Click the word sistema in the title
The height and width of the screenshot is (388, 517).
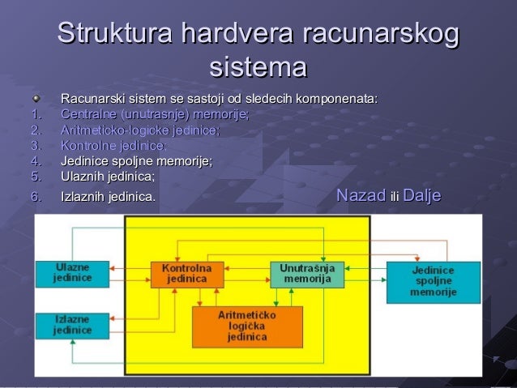pos(258,66)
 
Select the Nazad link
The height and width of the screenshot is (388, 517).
pos(361,195)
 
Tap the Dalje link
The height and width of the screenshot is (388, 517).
pos(421,195)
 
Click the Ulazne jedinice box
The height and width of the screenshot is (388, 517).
pos(72,273)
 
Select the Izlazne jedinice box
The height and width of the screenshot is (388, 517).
pos(72,324)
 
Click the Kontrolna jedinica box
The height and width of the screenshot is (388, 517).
pos(186,274)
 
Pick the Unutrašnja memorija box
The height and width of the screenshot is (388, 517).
pos(307,274)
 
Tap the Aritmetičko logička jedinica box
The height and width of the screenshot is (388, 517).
pos(247,325)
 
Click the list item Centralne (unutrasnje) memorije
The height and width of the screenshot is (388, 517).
pos(155,114)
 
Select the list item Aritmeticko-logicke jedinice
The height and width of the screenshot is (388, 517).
pos(139,130)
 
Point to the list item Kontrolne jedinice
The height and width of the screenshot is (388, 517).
pos(113,145)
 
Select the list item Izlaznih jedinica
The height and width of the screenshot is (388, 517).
pos(109,196)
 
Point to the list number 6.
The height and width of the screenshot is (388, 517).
pos(35,196)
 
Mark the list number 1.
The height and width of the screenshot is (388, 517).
pos(35,114)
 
